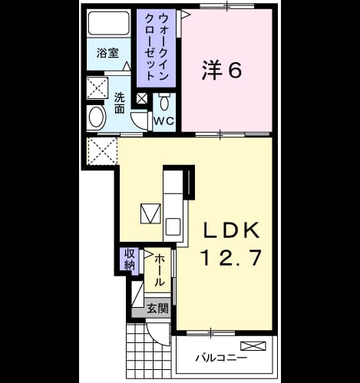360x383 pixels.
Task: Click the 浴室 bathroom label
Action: tap(107, 53)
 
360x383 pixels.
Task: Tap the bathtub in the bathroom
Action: tap(108, 23)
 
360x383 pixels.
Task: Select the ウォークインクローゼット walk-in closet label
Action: tap(157, 47)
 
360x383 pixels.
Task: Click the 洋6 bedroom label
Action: tap(222, 71)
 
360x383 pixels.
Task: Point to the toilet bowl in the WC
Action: tap(164, 101)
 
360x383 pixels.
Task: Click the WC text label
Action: tap(164, 121)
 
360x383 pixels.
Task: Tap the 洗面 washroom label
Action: tap(119, 103)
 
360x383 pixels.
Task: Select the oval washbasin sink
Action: tap(96, 117)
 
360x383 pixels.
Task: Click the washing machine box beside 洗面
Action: tap(97, 88)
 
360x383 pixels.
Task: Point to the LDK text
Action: tap(231, 230)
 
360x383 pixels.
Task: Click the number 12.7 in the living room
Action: tap(231, 257)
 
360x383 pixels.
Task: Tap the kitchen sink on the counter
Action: tap(173, 226)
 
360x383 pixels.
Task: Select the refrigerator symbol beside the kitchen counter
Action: tap(151, 213)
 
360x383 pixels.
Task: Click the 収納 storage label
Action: tap(130, 259)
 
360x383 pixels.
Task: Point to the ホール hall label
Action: tap(159, 270)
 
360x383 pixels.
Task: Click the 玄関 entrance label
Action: tap(157, 309)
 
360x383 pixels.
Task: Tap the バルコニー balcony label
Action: tap(221, 357)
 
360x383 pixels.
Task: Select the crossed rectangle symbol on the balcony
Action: tap(253, 346)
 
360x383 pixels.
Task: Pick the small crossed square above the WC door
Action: tap(142, 99)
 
